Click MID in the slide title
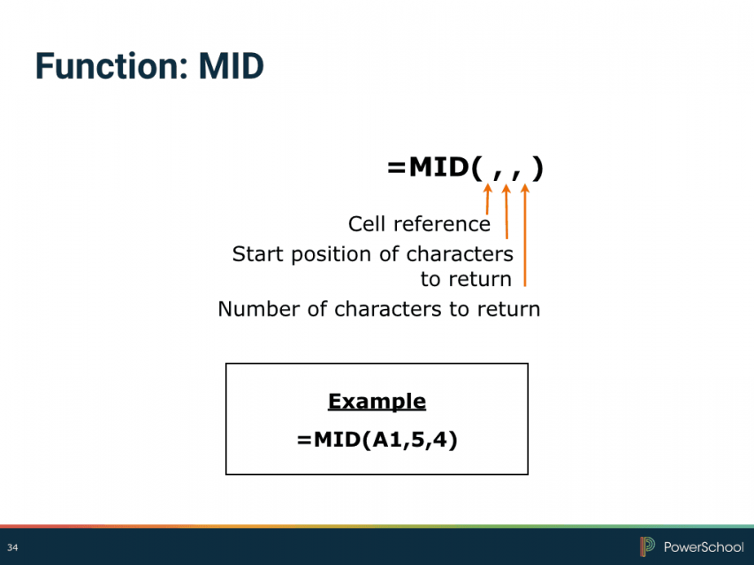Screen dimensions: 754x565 pyautogui.click(x=232, y=66)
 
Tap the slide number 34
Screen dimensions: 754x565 pyautogui.click(x=12, y=547)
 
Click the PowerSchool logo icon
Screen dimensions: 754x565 pyautogui.click(x=647, y=546)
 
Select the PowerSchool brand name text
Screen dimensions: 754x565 pyautogui.click(x=704, y=546)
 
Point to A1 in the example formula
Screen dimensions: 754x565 pyautogui.click(x=387, y=440)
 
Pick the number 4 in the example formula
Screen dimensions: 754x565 pyautogui.click(x=439, y=440)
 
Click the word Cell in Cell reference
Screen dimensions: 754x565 pyautogui.click(x=367, y=224)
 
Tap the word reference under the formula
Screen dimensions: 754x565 pyautogui.click(x=442, y=224)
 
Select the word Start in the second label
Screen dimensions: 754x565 pyautogui.click(x=258, y=254)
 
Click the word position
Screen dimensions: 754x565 pyautogui.click(x=331, y=255)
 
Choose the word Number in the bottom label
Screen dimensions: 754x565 pyautogui.click(x=259, y=309)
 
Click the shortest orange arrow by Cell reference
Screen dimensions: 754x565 pyautogui.click(x=488, y=199)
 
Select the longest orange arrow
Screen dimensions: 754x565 pyautogui.click(x=525, y=235)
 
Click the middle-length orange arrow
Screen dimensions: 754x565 pyautogui.click(x=506, y=211)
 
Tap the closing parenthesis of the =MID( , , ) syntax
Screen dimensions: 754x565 pyautogui.click(x=538, y=168)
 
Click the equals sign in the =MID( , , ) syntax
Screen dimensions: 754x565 pyautogui.click(x=397, y=168)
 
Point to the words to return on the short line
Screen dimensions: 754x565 pyautogui.click(x=466, y=279)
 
